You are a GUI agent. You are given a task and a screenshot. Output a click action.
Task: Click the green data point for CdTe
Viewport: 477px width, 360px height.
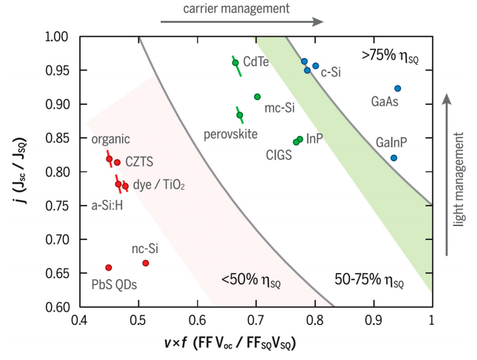(236, 63)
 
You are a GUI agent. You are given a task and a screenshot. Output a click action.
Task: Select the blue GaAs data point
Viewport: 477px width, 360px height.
(398, 88)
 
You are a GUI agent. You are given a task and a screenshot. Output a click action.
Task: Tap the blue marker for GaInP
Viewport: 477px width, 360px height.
(394, 157)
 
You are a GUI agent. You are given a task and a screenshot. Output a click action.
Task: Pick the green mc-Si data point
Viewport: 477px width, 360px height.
(257, 97)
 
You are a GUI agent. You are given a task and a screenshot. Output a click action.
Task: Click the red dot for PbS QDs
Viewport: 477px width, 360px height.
(109, 267)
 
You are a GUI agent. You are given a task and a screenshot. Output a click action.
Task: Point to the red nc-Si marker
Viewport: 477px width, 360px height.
(145, 263)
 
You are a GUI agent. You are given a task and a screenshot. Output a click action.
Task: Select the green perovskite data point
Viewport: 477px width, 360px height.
(239, 115)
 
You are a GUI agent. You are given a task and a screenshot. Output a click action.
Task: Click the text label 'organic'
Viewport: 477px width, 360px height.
(111, 140)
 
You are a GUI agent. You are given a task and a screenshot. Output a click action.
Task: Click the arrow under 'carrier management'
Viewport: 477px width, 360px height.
(242, 22)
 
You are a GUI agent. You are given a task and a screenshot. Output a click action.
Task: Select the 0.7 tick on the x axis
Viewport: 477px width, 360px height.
(256, 320)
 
